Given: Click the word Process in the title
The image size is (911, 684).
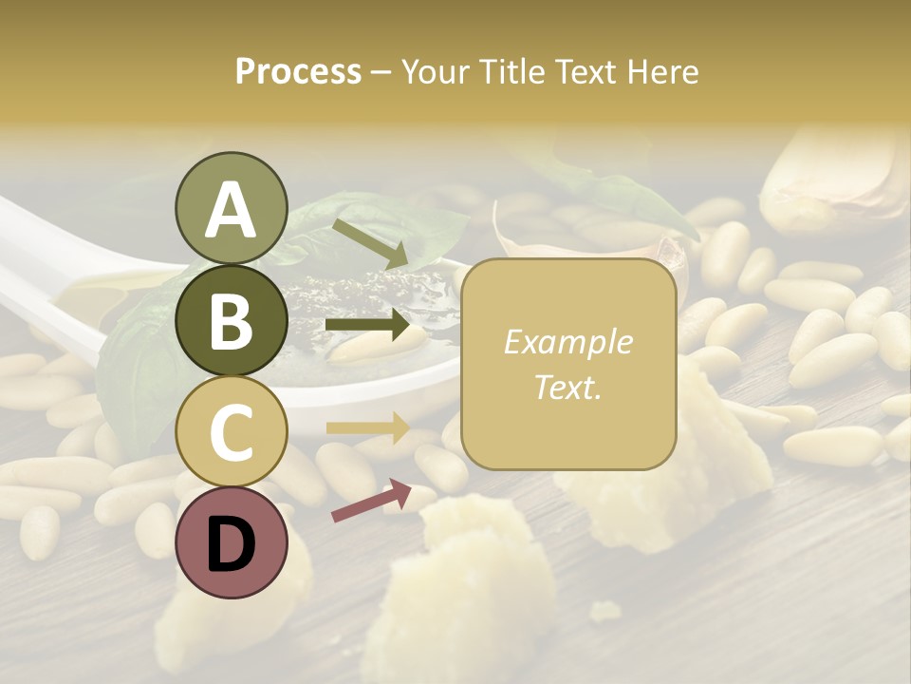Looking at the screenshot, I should [298, 72].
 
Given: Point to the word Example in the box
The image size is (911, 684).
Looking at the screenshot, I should [567, 342].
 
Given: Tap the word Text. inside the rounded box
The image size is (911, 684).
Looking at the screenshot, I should [567, 387].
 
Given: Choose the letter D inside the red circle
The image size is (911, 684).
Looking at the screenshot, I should [231, 544].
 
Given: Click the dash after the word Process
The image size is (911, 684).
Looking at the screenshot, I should [381, 72].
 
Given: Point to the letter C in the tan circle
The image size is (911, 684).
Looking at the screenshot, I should [231, 432].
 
